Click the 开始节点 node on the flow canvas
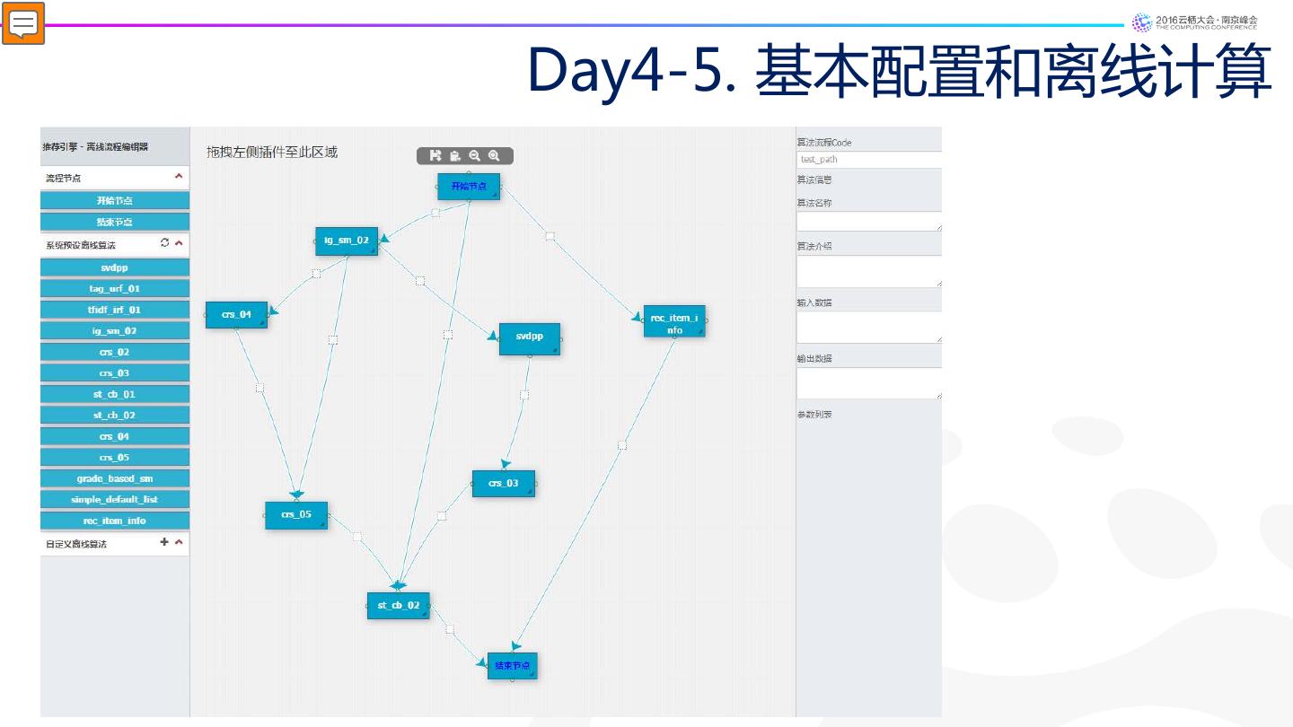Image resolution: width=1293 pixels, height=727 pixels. (x=468, y=186)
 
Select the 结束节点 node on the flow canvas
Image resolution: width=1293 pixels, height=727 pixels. (x=512, y=666)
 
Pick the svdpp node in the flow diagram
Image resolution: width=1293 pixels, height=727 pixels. (x=529, y=337)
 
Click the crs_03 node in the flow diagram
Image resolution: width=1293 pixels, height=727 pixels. (x=503, y=484)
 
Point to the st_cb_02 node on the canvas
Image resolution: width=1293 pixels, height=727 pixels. (x=398, y=605)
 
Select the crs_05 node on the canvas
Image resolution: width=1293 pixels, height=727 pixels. (x=295, y=515)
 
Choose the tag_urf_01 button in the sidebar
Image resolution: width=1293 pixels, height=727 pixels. (x=115, y=289)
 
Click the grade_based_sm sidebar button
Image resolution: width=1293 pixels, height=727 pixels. (x=115, y=478)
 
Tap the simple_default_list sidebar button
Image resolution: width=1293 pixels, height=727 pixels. (x=115, y=500)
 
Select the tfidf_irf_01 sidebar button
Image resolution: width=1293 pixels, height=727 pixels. (x=115, y=310)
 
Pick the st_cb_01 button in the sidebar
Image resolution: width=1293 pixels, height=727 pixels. (x=115, y=394)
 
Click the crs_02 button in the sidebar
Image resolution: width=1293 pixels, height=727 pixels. (x=115, y=352)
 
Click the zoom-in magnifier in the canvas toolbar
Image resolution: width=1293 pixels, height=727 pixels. (x=494, y=156)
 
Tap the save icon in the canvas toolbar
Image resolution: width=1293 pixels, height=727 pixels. (x=435, y=156)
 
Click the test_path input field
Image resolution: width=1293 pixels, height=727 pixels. (x=868, y=160)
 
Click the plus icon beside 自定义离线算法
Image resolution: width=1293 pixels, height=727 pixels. (x=164, y=542)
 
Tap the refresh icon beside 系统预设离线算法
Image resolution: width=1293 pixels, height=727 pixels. (x=164, y=242)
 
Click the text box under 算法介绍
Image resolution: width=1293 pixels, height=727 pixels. (x=868, y=271)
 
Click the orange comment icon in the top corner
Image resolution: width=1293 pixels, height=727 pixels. (x=23, y=23)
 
